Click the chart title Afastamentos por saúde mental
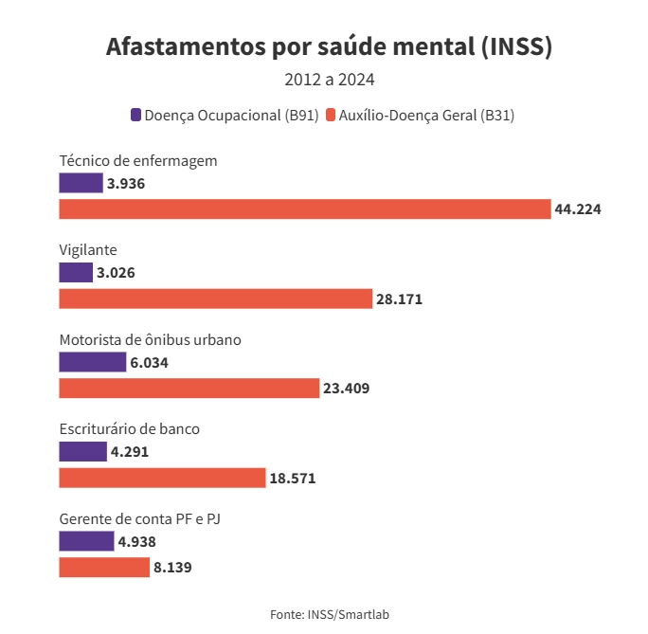click(329, 46)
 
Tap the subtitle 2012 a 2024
click(329, 80)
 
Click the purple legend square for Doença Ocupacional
click(135, 116)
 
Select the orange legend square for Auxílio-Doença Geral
click(331, 116)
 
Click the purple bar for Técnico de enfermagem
click(81, 183)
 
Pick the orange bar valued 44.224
click(304, 209)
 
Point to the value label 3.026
click(116, 273)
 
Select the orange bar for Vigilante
click(215, 299)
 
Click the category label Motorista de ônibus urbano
click(150, 339)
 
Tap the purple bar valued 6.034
click(92, 362)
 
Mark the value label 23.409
click(346, 389)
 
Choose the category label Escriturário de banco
click(129, 428)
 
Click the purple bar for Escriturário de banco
click(82, 452)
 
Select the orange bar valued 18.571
click(162, 479)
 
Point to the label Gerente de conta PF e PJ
click(139, 518)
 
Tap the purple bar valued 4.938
click(85, 541)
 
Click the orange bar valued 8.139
click(104, 568)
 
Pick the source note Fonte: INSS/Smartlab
click(329, 614)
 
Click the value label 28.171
click(399, 299)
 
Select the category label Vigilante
click(87, 250)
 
